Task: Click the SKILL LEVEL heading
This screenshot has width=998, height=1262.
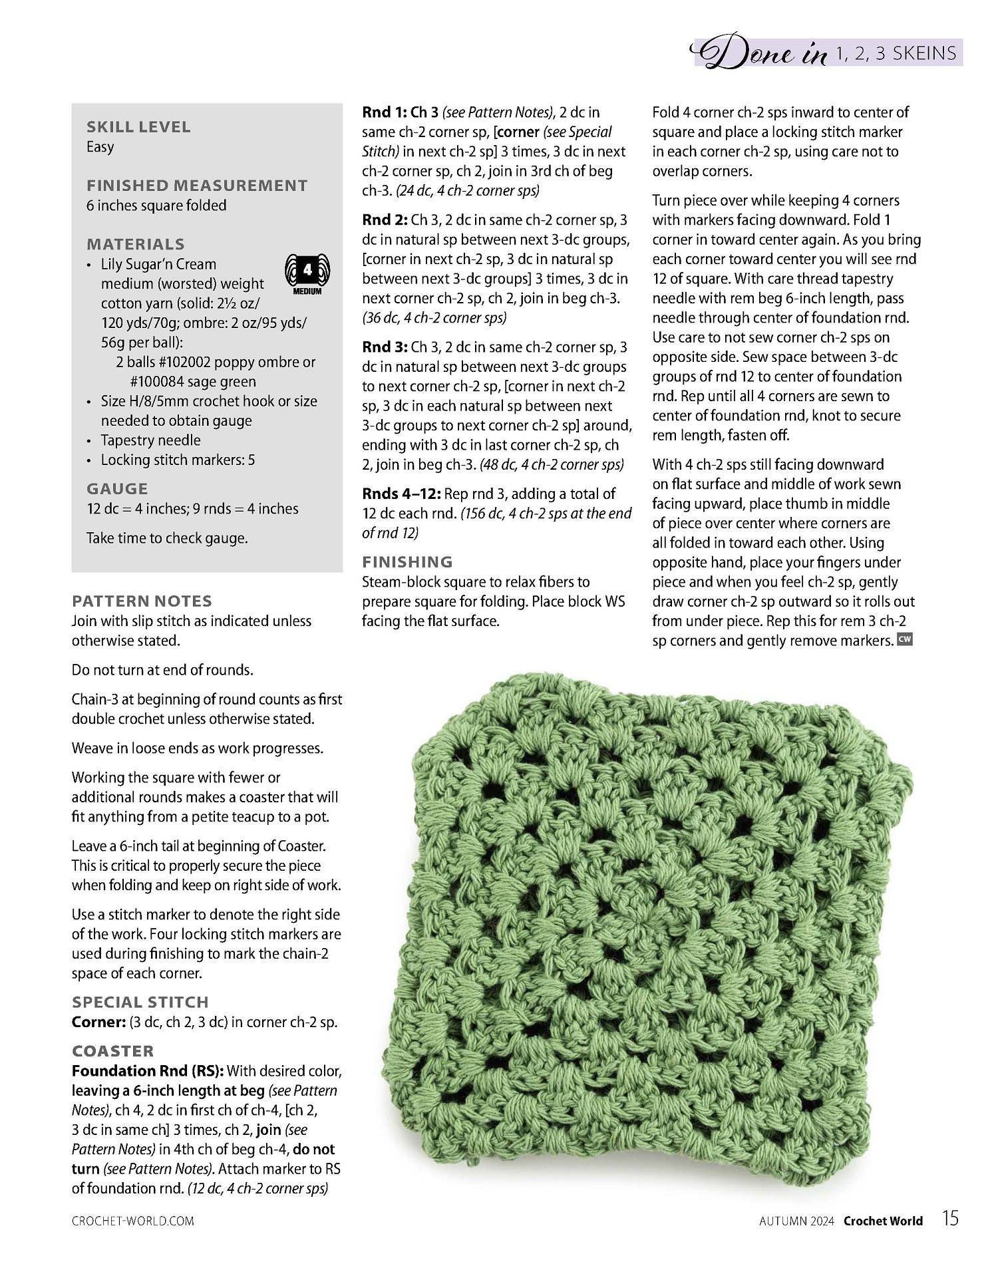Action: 138,127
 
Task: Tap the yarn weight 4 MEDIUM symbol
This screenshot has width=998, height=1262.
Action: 307,273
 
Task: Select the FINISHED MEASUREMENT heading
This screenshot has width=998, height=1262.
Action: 197,186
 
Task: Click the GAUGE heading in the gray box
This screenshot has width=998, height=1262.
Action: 117,489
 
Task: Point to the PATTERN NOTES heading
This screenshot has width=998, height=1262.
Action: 142,601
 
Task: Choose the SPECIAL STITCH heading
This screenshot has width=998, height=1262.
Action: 140,1003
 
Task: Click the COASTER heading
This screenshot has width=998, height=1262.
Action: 113,1051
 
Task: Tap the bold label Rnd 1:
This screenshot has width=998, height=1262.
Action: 384,112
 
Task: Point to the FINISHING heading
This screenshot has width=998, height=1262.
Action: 407,562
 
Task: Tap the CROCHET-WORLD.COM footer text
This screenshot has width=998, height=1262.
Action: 133,1221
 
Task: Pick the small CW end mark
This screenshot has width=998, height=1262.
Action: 905,639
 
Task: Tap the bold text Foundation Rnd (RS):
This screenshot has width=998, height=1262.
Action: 148,1071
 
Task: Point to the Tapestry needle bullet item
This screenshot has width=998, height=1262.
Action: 150,440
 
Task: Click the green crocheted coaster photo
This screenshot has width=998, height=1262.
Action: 645,931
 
